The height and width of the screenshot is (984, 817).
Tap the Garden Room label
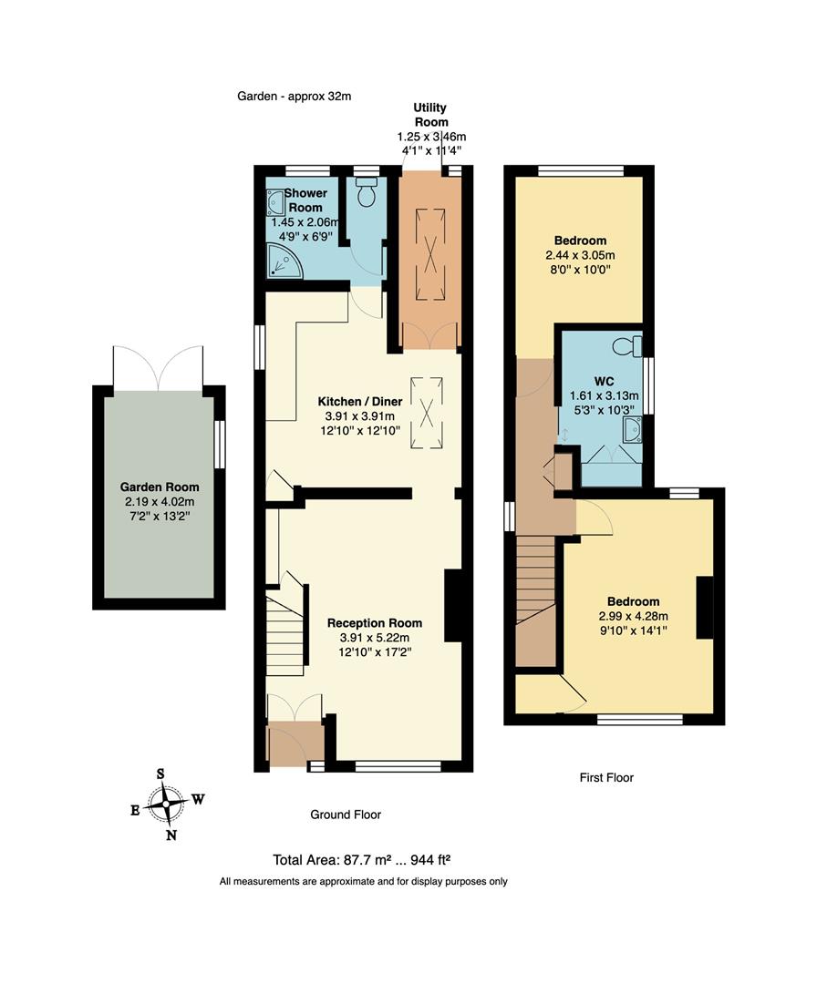point(162,487)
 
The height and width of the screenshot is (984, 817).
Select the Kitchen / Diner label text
point(359,402)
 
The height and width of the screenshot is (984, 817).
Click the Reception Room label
point(375,623)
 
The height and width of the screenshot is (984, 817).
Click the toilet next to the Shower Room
point(367,193)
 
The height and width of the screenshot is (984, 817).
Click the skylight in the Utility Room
point(429,253)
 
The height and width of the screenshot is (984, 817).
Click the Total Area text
point(363,860)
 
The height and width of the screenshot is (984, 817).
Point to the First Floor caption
point(606,777)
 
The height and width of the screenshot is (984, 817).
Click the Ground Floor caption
point(346,815)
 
